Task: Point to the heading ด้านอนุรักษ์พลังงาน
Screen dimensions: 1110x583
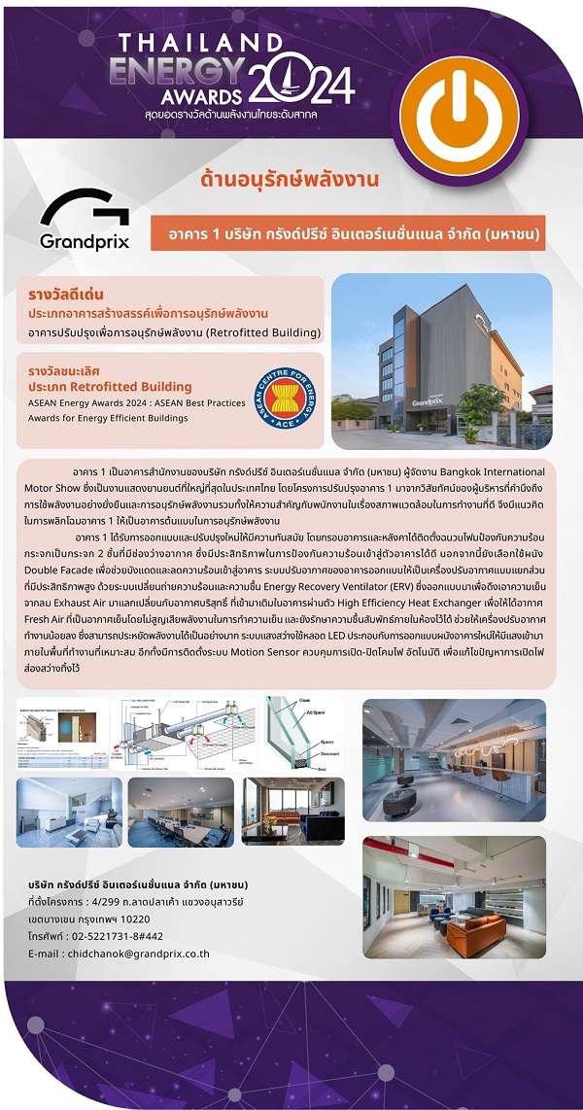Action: tap(289, 180)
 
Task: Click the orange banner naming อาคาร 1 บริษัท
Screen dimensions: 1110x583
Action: tap(349, 234)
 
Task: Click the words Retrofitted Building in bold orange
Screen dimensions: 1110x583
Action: tap(138, 386)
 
